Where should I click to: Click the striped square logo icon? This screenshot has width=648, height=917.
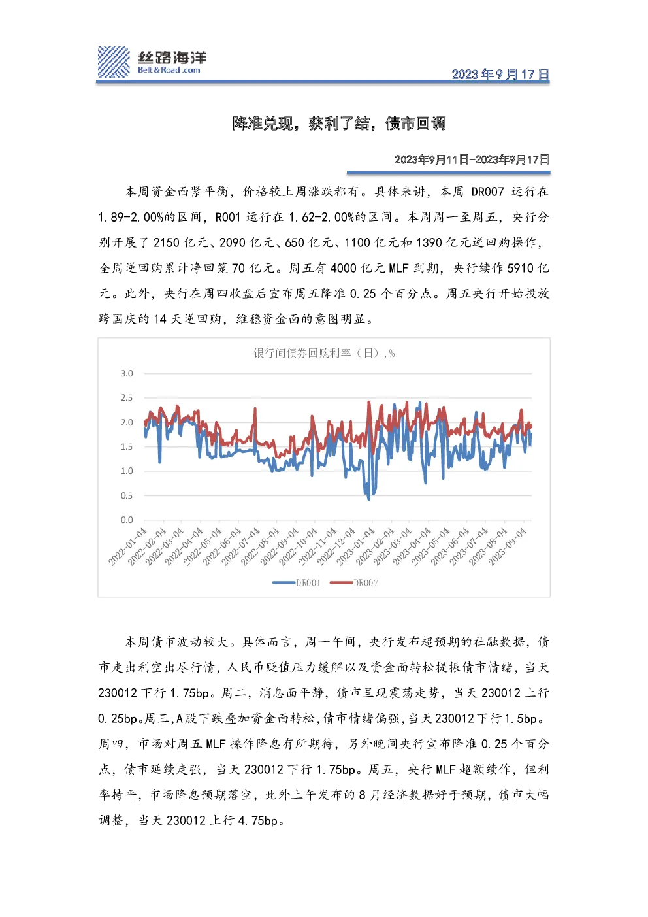114,62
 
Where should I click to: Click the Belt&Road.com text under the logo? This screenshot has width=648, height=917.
169,70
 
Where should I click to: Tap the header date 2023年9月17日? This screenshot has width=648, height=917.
500,74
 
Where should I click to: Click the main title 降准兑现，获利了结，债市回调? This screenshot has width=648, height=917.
339,124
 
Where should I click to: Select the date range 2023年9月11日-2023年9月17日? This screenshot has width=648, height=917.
472,159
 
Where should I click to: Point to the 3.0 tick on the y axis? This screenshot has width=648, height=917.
127,373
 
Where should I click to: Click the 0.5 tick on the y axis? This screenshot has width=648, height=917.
127,495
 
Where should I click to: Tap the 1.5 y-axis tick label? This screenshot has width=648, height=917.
127,446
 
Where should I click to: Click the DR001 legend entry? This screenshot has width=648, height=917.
297,582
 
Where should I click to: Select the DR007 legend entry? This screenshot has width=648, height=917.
354,582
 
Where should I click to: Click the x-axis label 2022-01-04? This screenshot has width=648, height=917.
127,546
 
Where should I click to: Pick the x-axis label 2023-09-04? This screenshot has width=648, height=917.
508,546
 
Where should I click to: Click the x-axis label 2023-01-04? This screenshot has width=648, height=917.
355,546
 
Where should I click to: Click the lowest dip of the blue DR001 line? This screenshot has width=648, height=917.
368,499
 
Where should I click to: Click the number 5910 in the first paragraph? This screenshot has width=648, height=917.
521,268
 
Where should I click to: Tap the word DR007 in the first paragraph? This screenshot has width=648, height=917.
488,192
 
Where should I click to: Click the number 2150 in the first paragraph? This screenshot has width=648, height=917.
167,242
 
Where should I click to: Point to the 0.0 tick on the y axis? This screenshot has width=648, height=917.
127,520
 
